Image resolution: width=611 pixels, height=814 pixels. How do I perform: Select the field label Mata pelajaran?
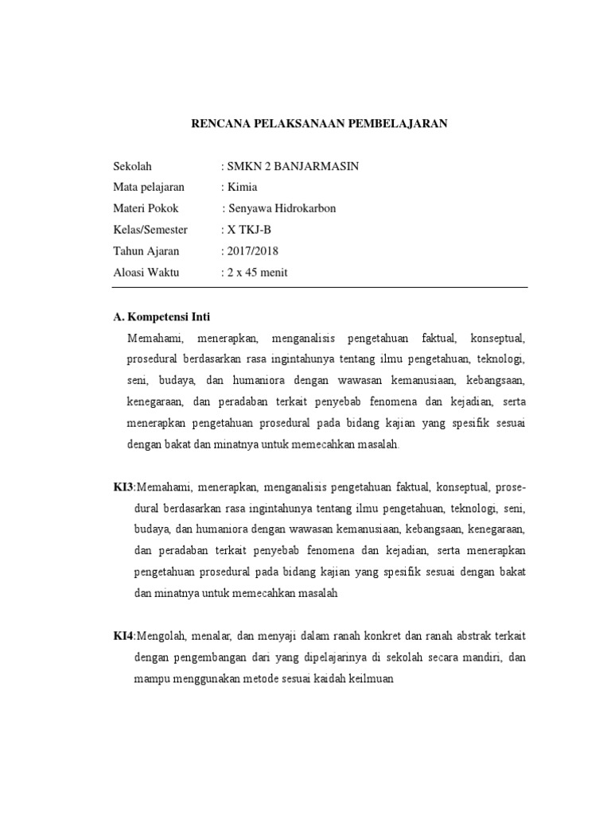(149, 187)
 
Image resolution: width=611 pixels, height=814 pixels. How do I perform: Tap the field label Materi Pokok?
(146, 208)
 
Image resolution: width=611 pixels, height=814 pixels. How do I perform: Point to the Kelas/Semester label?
(151, 230)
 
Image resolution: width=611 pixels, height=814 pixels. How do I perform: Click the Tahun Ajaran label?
(146, 251)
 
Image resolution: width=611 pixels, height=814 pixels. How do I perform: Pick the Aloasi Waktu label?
(146, 273)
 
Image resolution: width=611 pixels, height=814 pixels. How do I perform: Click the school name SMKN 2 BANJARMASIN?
(292, 166)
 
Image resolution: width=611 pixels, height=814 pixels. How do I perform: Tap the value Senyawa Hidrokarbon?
(282, 208)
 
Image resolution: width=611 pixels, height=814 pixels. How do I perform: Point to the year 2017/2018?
(252, 251)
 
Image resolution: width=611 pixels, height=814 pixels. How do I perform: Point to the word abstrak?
(469, 637)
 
